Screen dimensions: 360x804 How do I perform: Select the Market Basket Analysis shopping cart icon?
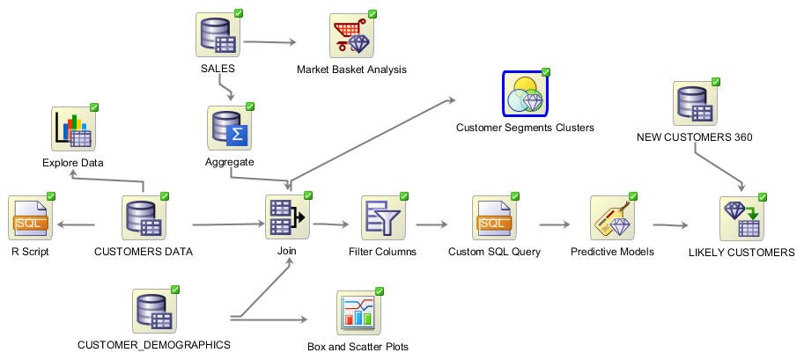pyautogui.click(x=350, y=35)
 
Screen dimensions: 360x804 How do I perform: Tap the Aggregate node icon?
pyautogui.click(x=229, y=129)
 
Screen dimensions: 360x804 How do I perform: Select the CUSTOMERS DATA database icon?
pyautogui.click(x=143, y=218)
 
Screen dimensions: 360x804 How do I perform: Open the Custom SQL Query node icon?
pyautogui.click(x=494, y=218)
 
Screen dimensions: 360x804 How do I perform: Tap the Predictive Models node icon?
pyautogui.click(x=612, y=218)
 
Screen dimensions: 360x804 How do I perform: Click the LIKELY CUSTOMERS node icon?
pyautogui.click(x=741, y=218)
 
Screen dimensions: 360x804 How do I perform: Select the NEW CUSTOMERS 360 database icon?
pyautogui.click(x=694, y=105)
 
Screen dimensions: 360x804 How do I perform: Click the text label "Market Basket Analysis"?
pyautogui.click(x=351, y=70)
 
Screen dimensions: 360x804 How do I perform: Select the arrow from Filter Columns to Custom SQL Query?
pyautogui.click(x=432, y=224)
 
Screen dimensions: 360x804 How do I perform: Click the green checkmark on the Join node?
pyautogui.click(x=309, y=195)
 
